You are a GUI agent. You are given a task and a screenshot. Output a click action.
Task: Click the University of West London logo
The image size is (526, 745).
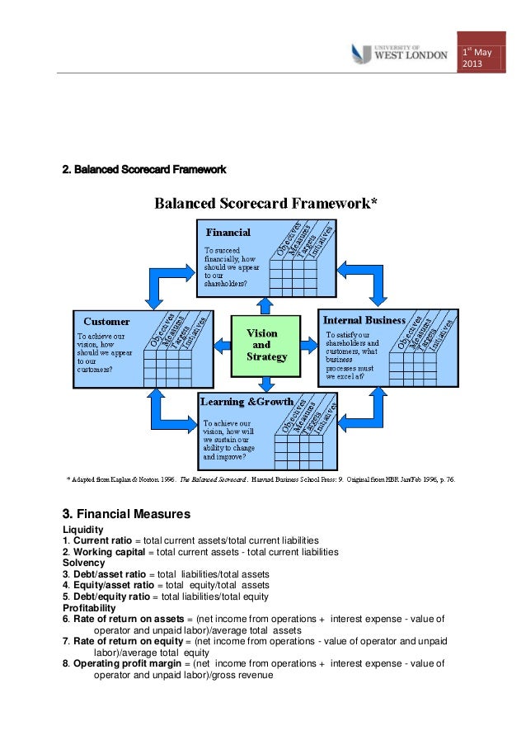[399, 53]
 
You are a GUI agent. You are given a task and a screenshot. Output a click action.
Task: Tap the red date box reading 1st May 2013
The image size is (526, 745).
[481, 59]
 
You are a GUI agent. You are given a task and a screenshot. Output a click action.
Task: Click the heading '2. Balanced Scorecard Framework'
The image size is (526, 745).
[144, 170]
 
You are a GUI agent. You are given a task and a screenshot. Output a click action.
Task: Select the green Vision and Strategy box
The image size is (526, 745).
[265, 345]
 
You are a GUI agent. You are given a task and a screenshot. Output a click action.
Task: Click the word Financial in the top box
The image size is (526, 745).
[228, 233]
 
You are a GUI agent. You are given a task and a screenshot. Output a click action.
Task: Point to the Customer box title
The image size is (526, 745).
[106, 321]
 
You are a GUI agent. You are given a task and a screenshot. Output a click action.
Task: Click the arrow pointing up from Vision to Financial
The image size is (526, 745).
[265, 305]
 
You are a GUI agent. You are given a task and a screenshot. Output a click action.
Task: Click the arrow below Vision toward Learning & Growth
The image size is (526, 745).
[265, 384]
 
